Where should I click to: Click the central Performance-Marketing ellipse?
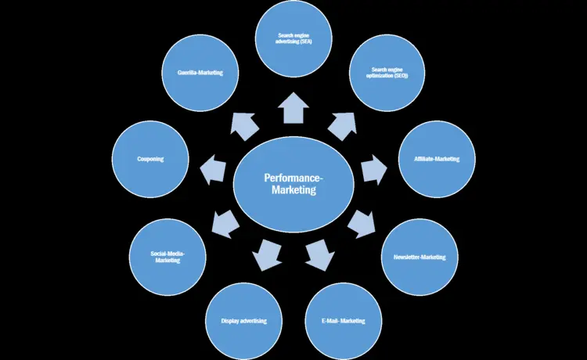tap(290, 184)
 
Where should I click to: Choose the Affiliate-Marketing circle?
tap(437, 159)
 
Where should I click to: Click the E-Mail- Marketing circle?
tap(342, 320)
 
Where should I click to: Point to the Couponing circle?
tap(149, 159)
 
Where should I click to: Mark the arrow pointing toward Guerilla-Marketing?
tap(245, 124)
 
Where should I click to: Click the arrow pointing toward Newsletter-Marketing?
tap(360, 224)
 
